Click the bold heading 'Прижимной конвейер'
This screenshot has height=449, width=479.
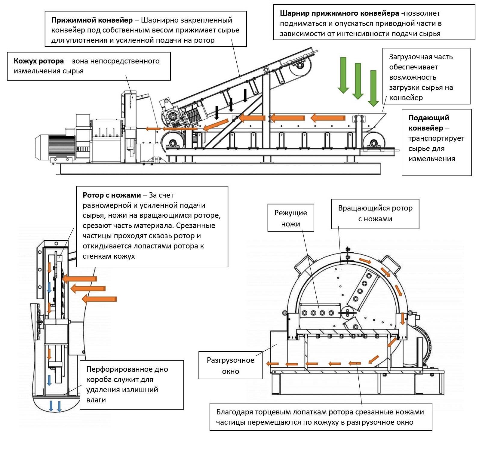[x=92, y=20]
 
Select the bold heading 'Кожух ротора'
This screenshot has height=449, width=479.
[x=38, y=61]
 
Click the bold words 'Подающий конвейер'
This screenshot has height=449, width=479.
[x=428, y=123]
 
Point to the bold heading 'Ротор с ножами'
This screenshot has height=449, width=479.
[x=112, y=195]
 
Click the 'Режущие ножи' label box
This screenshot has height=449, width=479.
[x=290, y=218]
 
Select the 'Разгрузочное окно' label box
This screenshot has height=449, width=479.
[x=230, y=365]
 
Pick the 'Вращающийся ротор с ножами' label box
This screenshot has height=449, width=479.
[x=375, y=214]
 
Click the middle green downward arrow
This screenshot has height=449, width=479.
[x=358, y=81]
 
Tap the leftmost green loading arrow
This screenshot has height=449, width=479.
[x=343, y=75]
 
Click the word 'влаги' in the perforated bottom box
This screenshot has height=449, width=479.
[x=96, y=400]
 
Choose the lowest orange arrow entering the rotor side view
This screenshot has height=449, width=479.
[x=99, y=299]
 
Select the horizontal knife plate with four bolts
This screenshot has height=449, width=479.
[x=319, y=313]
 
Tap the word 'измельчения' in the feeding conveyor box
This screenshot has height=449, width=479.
[x=431, y=159]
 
